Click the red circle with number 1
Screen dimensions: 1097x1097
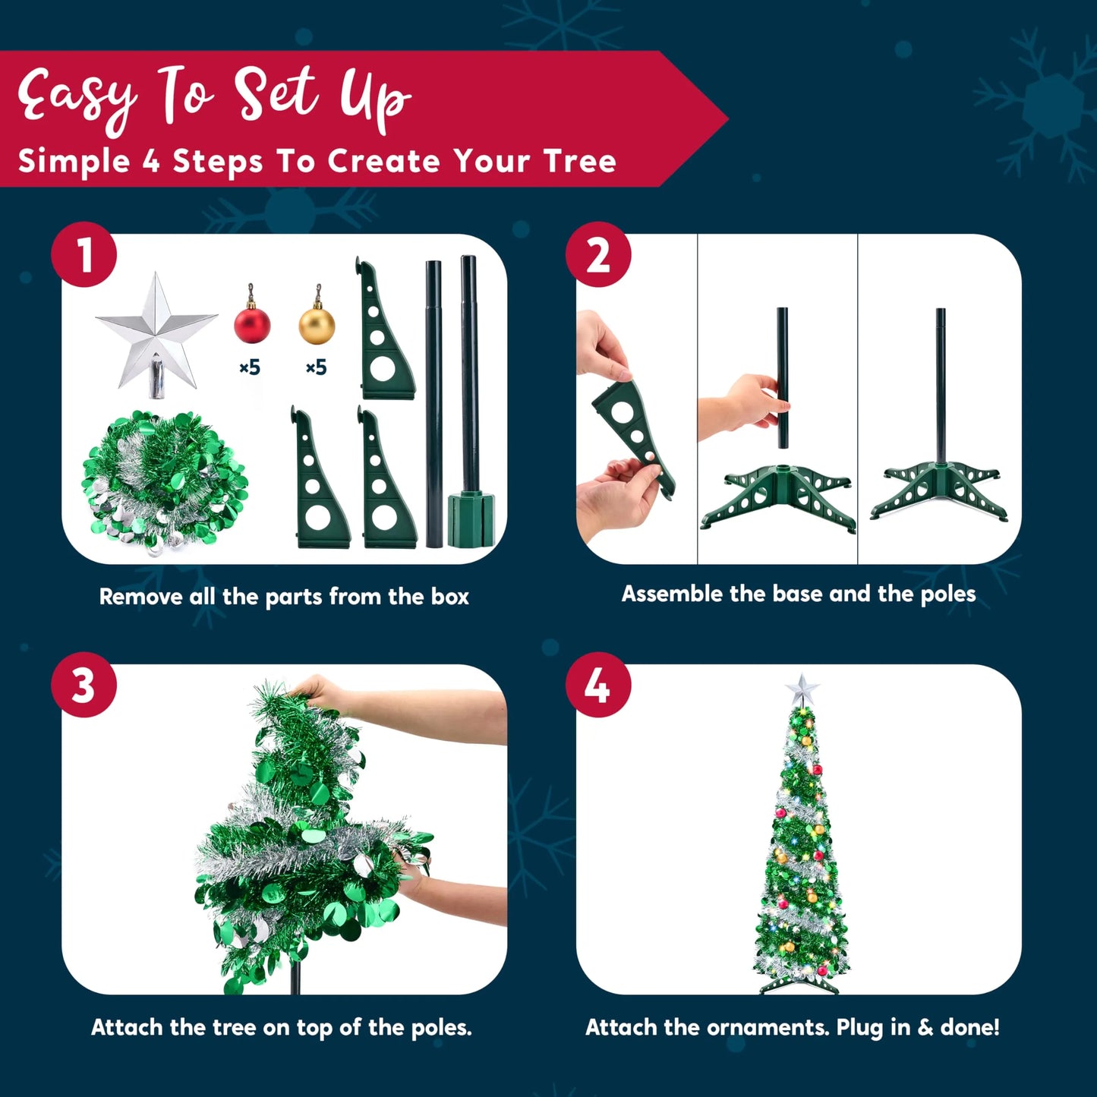84,254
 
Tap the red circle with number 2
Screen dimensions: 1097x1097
598,254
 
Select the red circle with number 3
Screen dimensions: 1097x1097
84,685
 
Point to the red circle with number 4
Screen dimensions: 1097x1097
598,685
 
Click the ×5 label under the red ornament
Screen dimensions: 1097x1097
250,367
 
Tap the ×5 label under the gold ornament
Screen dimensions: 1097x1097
317,367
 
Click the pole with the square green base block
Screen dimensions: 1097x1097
470,402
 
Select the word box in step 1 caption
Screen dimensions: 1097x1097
449,597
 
